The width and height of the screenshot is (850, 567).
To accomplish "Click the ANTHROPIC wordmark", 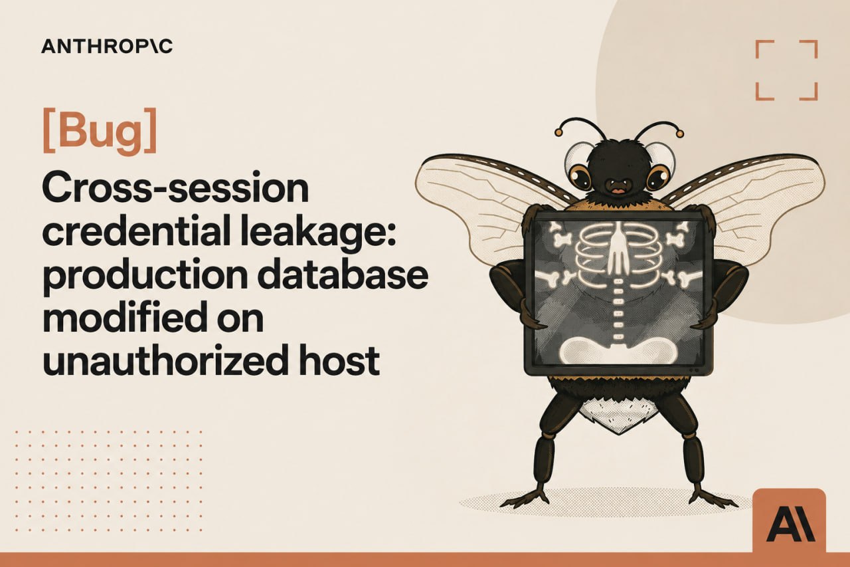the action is [x=107, y=47].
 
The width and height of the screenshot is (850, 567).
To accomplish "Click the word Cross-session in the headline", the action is [x=175, y=189].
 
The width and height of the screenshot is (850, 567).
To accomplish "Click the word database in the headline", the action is [x=343, y=275].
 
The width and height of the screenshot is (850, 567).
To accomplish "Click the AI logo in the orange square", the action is [x=790, y=526].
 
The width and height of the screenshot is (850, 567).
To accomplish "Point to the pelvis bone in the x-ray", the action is [x=618, y=350].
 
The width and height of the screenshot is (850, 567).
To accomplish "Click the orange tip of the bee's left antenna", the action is [x=558, y=132].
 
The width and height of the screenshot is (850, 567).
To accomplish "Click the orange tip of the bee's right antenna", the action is [x=680, y=134].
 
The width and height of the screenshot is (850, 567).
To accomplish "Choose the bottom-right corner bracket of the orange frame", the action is [x=812, y=96].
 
